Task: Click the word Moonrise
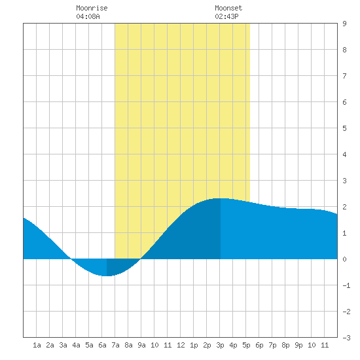click(92, 8)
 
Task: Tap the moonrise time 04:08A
click(88, 16)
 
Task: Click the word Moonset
click(228, 8)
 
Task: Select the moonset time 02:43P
click(226, 16)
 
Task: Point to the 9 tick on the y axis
click(344, 24)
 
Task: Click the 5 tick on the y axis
click(344, 128)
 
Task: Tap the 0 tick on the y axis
click(344, 259)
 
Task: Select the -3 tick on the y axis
click(346, 338)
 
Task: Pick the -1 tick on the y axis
click(346, 285)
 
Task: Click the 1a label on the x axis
click(37, 345)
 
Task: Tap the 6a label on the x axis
click(102, 345)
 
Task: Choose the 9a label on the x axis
click(141, 345)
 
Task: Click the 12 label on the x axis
click(181, 345)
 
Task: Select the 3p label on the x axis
click(220, 345)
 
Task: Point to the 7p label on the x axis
click(272, 345)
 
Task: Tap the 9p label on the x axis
click(298, 345)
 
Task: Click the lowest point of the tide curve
click(107, 276)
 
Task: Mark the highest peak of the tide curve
click(221, 198)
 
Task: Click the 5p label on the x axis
click(246, 345)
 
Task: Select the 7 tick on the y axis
click(344, 76)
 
